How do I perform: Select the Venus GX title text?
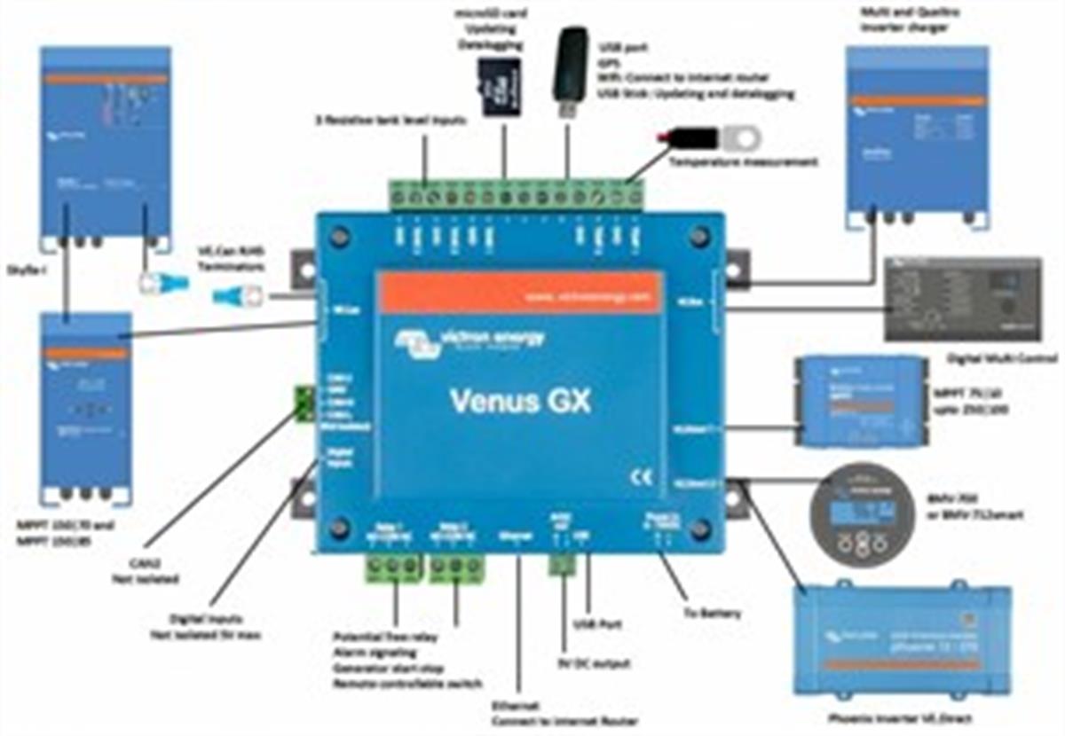(519, 401)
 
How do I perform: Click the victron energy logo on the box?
(470, 341)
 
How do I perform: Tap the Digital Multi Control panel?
(962, 300)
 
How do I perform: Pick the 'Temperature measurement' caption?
(743, 162)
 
